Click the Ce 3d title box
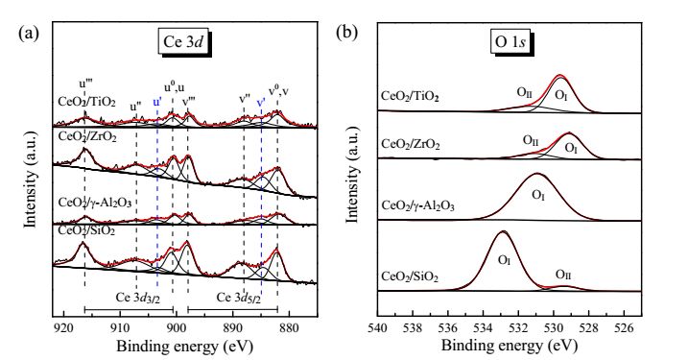coord(184,41)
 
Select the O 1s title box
coord(510,41)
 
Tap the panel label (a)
coord(29,34)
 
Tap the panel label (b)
coord(346,34)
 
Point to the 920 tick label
coord(64,327)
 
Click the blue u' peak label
coord(157,103)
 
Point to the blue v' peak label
coord(261,103)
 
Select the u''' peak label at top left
coord(85,84)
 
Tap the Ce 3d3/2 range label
coord(138,298)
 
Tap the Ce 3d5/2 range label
coord(239,298)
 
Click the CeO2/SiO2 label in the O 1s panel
coord(410,277)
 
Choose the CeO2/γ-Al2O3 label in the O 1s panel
coord(418,205)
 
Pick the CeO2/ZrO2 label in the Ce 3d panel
coord(87,137)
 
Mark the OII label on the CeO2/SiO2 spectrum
coord(563,275)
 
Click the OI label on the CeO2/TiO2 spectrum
coord(561,95)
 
